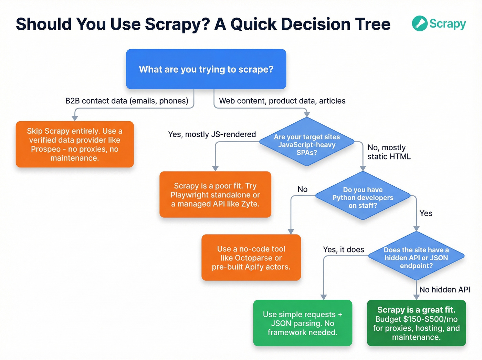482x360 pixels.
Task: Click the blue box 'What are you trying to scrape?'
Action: (206, 69)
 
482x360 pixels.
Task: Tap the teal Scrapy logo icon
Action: (420, 23)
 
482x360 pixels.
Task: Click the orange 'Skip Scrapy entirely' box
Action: (75, 144)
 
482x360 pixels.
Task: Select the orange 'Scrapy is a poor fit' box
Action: (215, 195)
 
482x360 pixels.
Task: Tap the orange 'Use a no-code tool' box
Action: (251, 258)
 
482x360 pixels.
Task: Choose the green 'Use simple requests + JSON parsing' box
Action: (303, 323)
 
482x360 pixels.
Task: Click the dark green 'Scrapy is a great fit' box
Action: (416, 323)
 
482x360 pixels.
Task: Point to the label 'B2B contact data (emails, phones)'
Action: (127, 101)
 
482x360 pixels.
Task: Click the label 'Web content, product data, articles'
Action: (282, 101)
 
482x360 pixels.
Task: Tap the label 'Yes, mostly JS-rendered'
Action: (212, 134)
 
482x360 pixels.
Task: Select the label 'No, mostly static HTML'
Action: (389, 152)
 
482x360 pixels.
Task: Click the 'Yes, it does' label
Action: (343, 250)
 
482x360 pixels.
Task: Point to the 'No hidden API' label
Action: (444, 290)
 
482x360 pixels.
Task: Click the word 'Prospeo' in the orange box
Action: (46, 149)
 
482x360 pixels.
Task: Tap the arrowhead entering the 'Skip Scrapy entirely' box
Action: (75, 118)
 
